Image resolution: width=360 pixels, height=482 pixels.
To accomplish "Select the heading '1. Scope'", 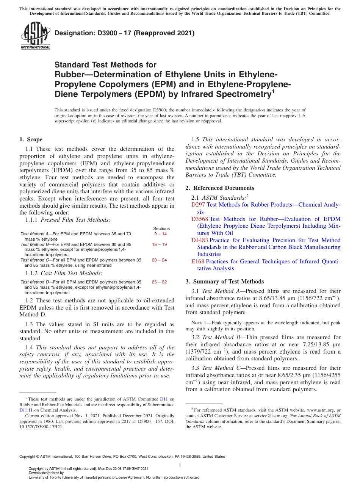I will [x=31, y=139].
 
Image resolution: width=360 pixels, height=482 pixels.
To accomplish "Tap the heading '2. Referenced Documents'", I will [x=220, y=188].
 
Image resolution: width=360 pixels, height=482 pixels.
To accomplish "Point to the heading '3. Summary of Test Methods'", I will [x=224, y=282].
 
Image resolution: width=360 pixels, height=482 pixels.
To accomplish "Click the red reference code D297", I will [x=198, y=205].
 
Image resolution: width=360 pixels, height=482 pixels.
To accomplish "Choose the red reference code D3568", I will [x=200, y=219].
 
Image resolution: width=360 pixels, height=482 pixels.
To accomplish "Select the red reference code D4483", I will [x=200, y=240].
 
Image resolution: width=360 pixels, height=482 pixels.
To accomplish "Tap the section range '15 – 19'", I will [x=159, y=245].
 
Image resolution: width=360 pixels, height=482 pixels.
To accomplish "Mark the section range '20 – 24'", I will [x=159, y=260].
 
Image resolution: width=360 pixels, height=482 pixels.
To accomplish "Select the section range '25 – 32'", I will [x=159, y=282].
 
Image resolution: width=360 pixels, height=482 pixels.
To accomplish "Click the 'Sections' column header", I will [x=161, y=228].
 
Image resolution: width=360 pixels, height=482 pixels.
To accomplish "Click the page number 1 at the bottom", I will [x=180, y=465].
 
